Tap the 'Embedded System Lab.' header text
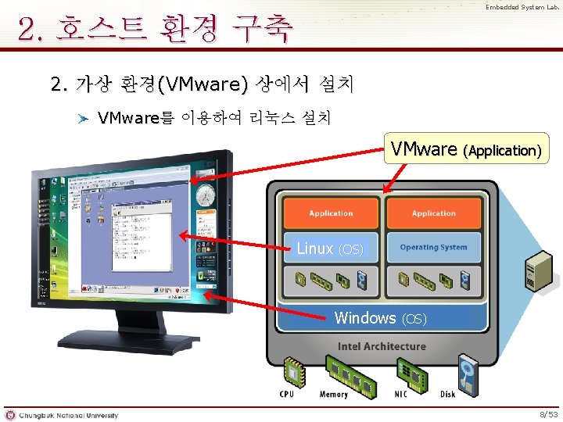(x=522, y=8)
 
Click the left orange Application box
(x=331, y=213)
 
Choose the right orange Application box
(x=434, y=213)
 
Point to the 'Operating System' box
(x=433, y=248)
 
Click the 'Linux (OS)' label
(x=330, y=249)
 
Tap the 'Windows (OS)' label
(x=380, y=318)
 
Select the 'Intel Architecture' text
(x=382, y=346)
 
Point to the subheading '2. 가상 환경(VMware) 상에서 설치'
(x=202, y=83)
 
